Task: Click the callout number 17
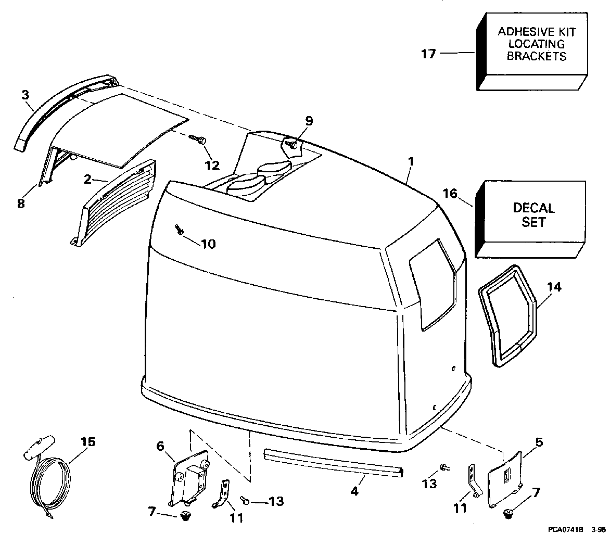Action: (428, 53)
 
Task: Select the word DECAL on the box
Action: (534, 208)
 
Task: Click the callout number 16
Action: (450, 193)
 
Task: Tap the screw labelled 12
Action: (198, 139)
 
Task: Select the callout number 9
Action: (309, 121)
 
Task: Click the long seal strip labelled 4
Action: (334, 462)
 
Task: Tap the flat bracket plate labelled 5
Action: (504, 479)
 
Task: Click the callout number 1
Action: (411, 161)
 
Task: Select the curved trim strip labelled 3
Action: (66, 107)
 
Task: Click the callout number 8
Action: (21, 202)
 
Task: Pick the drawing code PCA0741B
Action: (566, 529)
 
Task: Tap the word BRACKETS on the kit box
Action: (537, 56)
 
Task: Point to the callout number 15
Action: (88, 442)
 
